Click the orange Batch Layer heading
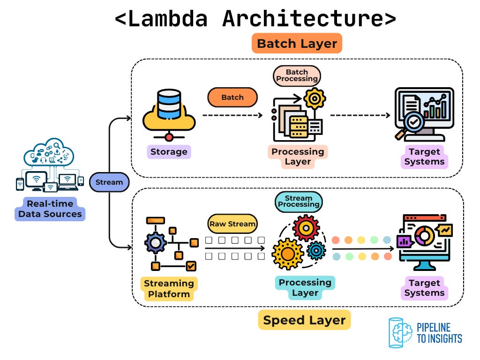[297, 44]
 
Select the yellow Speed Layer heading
[304, 320]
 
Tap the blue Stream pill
[109, 182]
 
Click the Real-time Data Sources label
[50, 209]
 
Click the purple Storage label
[169, 151]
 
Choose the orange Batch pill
[232, 97]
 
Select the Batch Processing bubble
[297, 75]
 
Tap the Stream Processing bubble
[299, 201]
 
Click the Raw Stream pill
[232, 224]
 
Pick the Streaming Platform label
[169, 289]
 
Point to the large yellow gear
[287, 254]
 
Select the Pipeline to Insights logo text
[439, 332]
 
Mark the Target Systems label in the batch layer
[424, 157]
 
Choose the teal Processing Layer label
[305, 287]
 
